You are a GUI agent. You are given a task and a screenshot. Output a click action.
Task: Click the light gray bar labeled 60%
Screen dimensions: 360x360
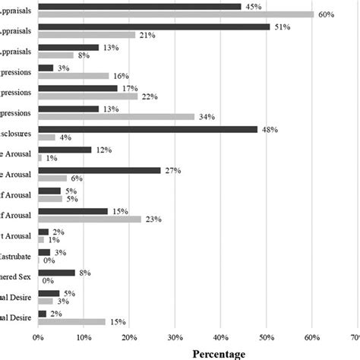click(175, 14)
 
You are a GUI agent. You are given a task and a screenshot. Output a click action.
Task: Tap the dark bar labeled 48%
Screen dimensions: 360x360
click(147, 129)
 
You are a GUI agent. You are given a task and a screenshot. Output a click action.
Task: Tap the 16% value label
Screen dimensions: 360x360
click(121, 76)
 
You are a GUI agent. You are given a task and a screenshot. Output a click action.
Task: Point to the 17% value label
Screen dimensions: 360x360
click(128, 88)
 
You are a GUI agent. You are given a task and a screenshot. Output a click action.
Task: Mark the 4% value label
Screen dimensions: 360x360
click(65, 137)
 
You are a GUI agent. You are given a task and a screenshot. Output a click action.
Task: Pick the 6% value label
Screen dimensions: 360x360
click(77, 178)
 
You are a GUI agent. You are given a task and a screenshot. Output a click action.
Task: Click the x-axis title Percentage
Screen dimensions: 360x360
click(219, 353)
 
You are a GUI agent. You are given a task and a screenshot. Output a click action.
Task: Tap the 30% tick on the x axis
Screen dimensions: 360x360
click(175, 334)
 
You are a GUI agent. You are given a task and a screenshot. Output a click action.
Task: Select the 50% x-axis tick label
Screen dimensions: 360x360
click(267, 334)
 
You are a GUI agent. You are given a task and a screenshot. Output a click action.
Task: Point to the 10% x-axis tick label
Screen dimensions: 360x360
click(84, 334)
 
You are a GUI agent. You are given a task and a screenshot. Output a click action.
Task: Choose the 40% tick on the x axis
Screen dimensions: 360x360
click(220, 334)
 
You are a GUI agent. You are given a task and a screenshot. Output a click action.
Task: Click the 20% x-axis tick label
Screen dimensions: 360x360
click(129, 334)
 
